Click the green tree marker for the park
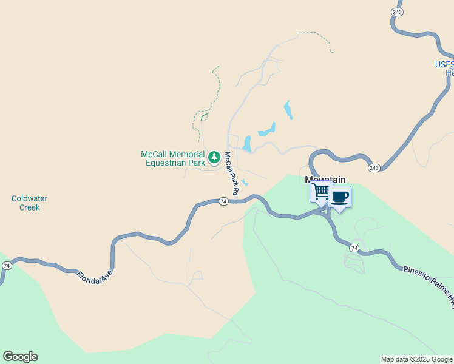(x=214, y=158)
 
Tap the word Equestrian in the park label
(x=166, y=163)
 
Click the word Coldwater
(x=29, y=198)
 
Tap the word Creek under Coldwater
(x=29, y=207)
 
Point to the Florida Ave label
(x=96, y=270)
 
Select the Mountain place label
(x=325, y=180)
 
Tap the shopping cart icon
(x=321, y=192)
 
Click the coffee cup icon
(x=340, y=197)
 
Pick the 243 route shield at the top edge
(x=397, y=12)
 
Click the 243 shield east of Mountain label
(x=374, y=167)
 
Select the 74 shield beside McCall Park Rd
(x=223, y=201)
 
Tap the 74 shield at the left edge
(x=7, y=266)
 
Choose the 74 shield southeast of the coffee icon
(x=354, y=248)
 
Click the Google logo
(x=20, y=357)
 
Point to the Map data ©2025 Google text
(x=416, y=359)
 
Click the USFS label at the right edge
(x=445, y=65)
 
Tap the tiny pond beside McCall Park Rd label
(x=245, y=182)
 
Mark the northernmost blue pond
(x=287, y=110)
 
